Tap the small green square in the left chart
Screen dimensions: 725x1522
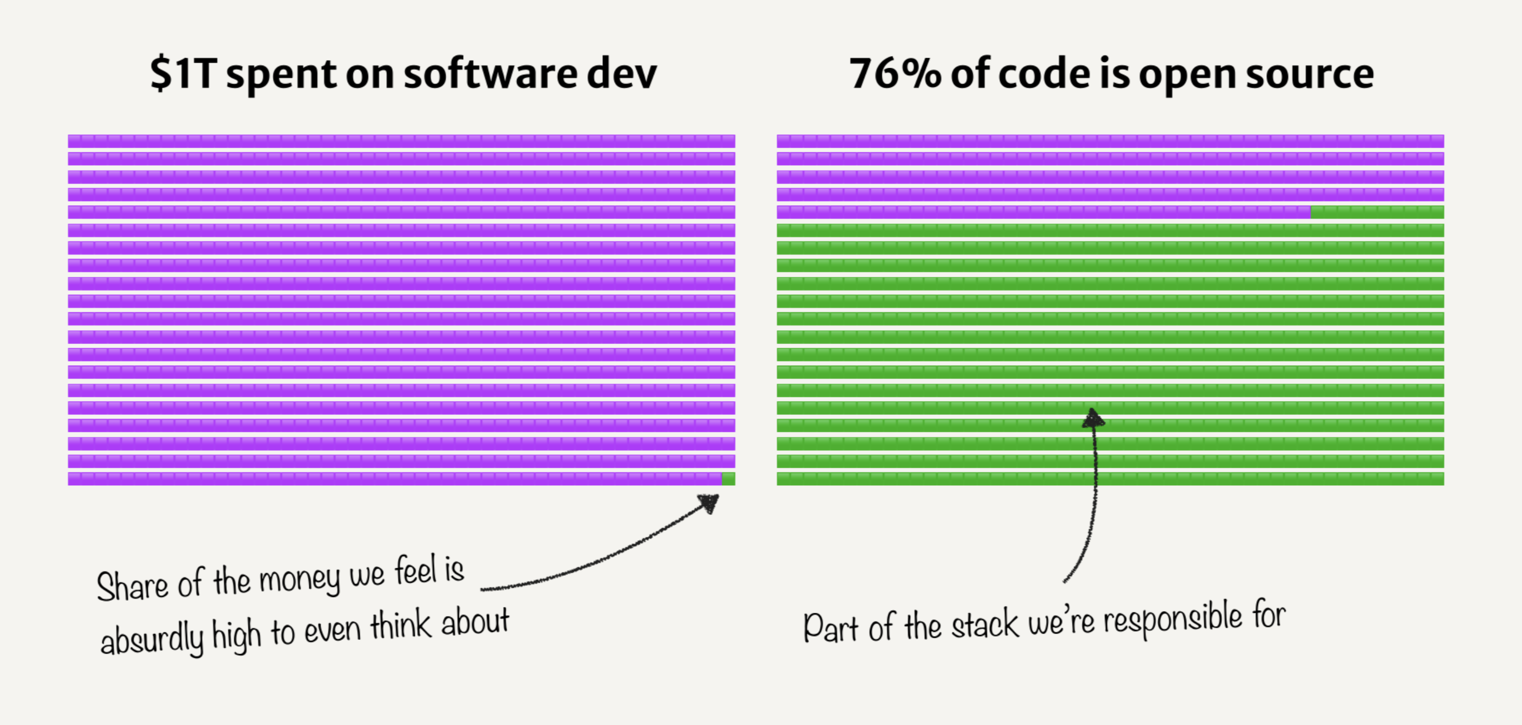point(729,479)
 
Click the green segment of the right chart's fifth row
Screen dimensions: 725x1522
point(1377,212)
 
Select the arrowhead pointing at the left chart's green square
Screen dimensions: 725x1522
point(709,503)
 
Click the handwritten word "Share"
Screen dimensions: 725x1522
point(132,586)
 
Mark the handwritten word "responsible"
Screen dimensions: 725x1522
point(1173,620)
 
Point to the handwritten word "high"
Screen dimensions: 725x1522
point(236,635)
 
